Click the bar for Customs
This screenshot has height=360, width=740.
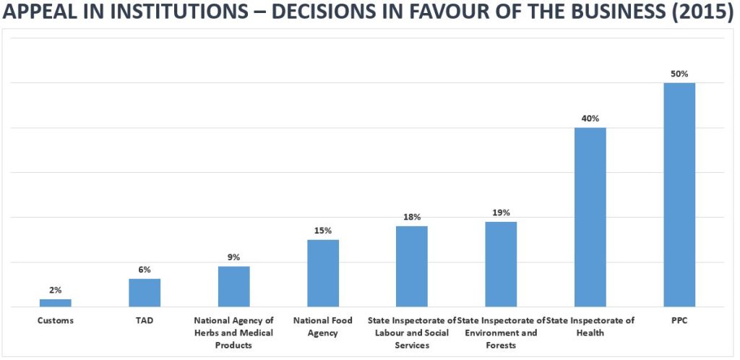coord(56,303)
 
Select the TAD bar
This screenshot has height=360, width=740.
coord(145,293)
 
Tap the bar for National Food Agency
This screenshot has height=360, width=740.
coord(323,273)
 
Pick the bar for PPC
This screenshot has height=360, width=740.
coord(679,195)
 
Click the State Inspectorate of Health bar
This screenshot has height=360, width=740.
coord(590,218)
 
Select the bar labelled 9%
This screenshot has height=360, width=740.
coord(234,286)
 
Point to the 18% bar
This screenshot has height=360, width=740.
coord(412,267)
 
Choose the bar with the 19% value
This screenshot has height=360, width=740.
coord(501,265)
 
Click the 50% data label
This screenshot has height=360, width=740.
coord(679,74)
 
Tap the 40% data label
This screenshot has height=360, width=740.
coord(590,119)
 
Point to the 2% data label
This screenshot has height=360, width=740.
coord(56,290)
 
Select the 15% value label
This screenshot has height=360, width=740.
coord(323,231)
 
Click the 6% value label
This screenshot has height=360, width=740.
coord(145,270)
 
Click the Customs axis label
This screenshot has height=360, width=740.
coord(56,320)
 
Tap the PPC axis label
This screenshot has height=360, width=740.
coord(679,320)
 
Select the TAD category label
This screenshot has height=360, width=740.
coord(145,320)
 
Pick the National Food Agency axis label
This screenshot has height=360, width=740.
coord(323,326)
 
